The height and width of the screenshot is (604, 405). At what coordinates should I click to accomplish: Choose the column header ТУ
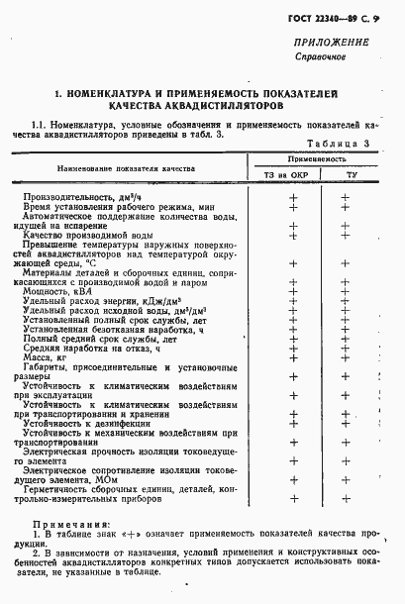(349, 175)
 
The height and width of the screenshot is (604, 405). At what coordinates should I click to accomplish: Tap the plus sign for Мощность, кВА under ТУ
(347, 292)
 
